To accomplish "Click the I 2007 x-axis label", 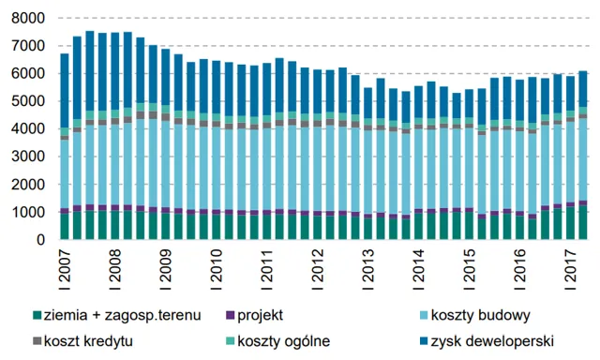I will pos(65,266).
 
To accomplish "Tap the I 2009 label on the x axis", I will pos(166,266).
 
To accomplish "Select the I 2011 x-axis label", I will pos(267,266).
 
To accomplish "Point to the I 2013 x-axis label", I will pos(368,266).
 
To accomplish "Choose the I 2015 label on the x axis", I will pos(470,266).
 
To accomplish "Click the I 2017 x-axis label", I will pos(571,266).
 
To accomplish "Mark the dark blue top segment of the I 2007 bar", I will pos(65,90).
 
